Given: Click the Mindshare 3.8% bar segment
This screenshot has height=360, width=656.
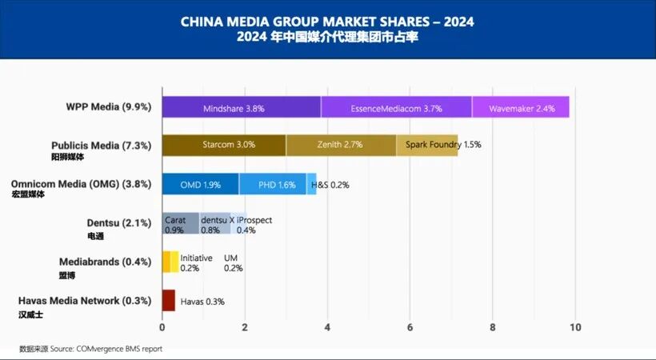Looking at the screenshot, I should tap(241, 107).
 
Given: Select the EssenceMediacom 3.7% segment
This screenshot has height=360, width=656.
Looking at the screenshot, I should tap(396, 107).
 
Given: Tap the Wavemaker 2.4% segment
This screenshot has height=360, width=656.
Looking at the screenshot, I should tap(520, 107).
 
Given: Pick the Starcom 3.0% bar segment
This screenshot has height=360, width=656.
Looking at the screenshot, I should tap(224, 145).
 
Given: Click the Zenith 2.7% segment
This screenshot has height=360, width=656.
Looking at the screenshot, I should tap(341, 145).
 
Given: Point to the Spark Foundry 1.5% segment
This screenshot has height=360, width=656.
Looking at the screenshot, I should tap(427, 145).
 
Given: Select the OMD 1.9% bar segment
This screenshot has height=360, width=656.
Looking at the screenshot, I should tap(200, 184).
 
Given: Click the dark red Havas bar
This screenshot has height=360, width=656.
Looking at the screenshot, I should tap(168, 301).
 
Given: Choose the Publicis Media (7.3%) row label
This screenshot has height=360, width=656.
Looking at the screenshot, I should tap(101, 146).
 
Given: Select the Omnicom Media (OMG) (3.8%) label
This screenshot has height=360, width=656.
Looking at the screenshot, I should tap(81, 183).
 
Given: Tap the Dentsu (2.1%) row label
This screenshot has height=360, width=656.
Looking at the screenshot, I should tap(118, 223).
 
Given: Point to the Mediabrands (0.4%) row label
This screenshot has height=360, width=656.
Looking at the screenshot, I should tap(105, 262).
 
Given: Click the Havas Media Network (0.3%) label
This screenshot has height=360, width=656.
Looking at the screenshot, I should tap(84, 301).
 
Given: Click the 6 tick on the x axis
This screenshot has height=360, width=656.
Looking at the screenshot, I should tap(410, 327).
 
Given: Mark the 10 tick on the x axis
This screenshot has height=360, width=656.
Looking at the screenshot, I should tap(574, 327).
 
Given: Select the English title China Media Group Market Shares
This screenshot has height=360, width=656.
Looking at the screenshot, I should tap(328, 22).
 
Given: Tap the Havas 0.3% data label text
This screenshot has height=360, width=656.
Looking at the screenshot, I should tap(202, 302).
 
